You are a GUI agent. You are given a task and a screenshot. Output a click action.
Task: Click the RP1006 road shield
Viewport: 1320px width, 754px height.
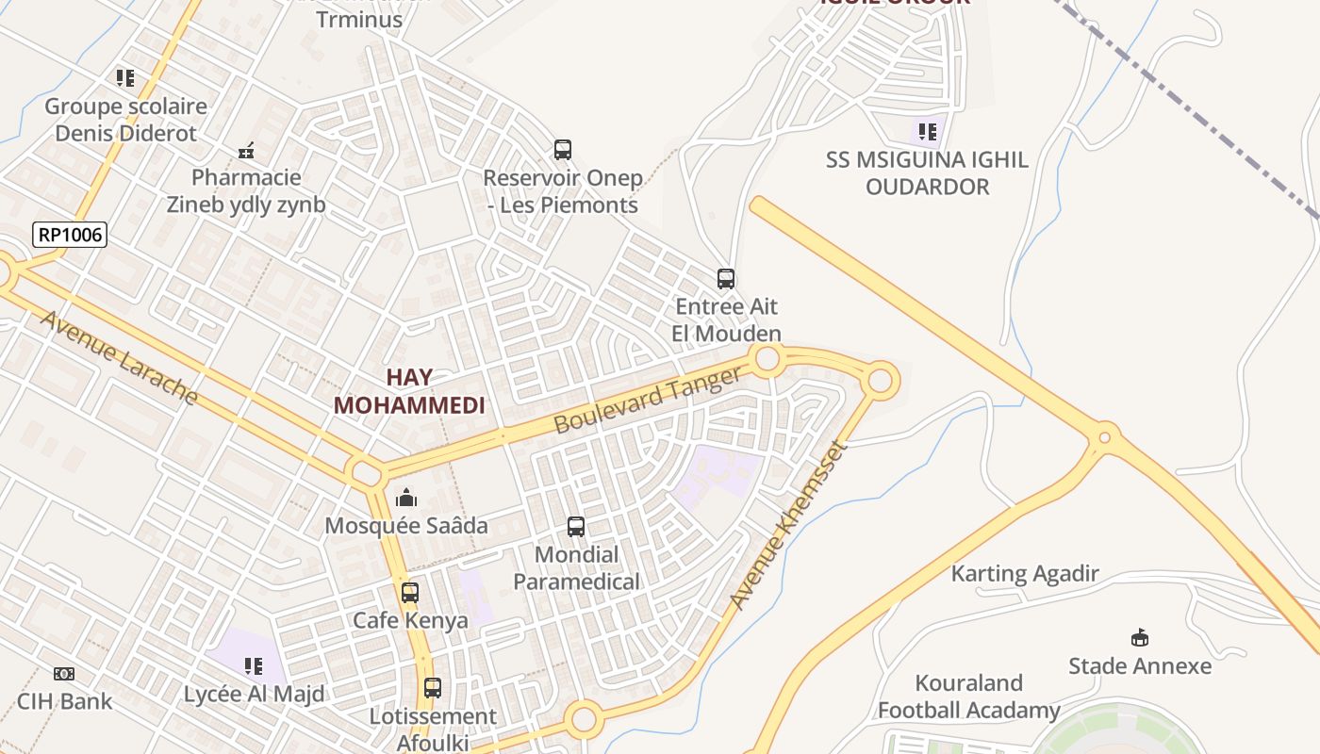70,235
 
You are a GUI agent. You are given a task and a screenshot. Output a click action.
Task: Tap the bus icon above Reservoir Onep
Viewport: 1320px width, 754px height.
563,150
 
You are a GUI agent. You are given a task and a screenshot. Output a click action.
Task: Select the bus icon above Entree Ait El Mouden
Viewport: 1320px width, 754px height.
726,279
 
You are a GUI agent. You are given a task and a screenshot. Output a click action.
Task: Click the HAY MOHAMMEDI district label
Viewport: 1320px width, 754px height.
409,391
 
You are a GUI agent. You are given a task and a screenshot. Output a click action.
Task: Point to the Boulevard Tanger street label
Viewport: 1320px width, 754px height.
648,401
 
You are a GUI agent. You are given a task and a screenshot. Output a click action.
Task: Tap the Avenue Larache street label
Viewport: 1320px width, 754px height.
119,357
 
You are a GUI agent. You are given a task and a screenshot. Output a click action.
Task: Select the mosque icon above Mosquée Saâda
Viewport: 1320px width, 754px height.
406,497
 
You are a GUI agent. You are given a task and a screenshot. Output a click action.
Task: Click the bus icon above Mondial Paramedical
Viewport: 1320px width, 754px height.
576,527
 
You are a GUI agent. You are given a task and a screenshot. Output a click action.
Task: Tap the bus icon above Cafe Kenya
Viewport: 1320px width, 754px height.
410,593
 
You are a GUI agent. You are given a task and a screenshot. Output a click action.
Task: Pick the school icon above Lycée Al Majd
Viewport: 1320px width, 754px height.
254,666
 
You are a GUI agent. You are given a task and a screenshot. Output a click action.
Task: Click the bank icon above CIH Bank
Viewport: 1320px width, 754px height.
64,674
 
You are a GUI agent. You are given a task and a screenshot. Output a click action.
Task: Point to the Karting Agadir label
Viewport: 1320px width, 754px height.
1025,574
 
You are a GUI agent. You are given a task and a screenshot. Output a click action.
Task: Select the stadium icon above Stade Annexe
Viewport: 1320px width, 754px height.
1140,638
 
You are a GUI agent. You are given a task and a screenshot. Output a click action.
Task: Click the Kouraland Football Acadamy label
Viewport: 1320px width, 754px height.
969,697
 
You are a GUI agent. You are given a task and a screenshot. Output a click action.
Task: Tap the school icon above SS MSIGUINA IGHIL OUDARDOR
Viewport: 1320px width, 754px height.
927,132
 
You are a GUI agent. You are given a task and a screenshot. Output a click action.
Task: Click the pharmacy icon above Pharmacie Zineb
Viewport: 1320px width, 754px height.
247,150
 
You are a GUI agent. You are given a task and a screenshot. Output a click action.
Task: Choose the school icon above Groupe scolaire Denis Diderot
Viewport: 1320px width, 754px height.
125,78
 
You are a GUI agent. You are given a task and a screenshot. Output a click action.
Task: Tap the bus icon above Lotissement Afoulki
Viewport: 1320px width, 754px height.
433,688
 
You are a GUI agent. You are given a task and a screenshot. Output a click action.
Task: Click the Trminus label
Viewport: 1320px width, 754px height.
359,19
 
